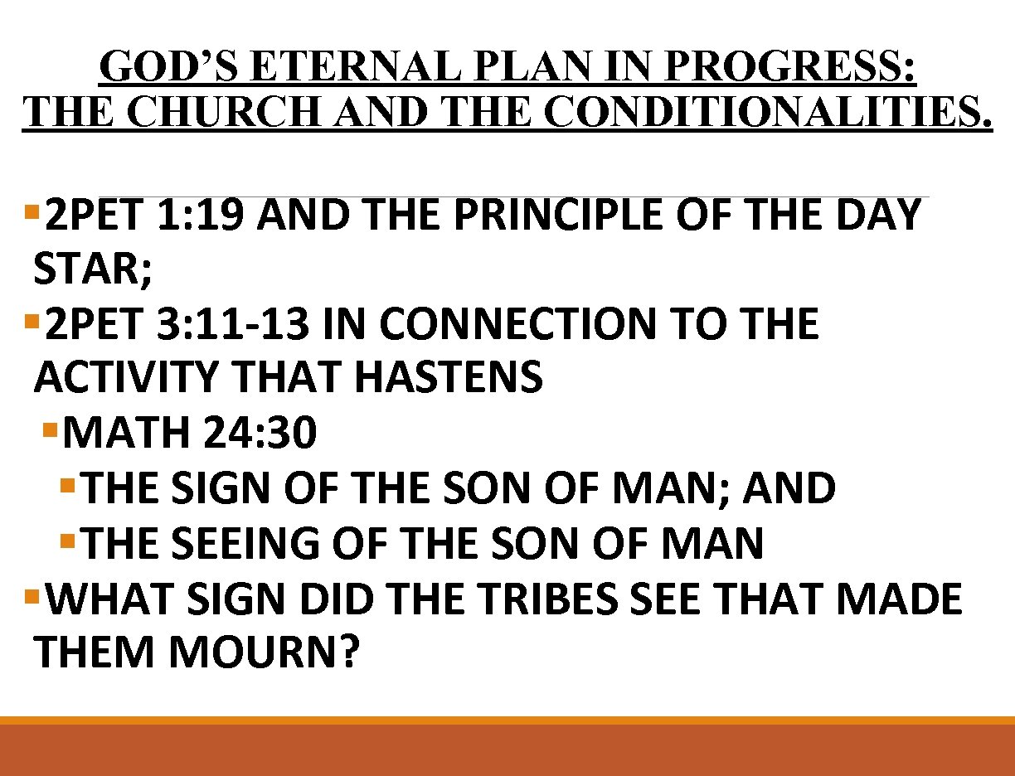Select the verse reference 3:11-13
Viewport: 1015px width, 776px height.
click(x=234, y=324)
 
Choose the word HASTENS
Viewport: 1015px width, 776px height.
click(x=448, y=378)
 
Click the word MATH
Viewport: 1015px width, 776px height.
click(x=125, y=434)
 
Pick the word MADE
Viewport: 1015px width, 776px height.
click(x=899, y=599)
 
